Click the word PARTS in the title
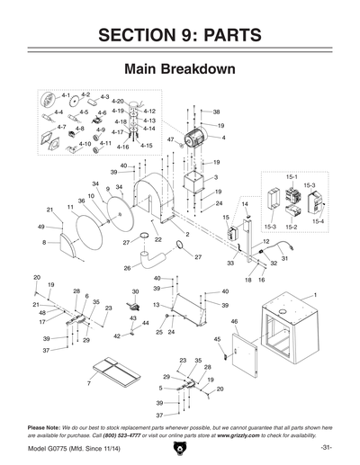222,35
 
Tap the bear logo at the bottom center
179,446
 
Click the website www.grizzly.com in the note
237,433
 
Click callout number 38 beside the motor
216,112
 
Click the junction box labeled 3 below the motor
193,184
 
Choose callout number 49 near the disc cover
40,228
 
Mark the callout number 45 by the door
217,339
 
